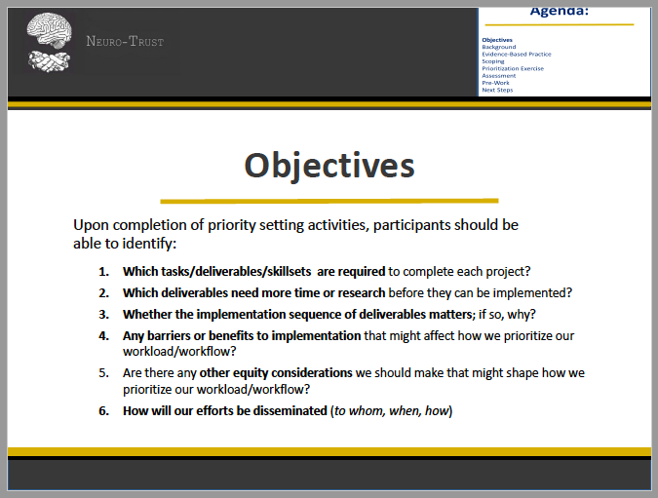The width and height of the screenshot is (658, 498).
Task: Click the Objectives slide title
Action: [329, 165]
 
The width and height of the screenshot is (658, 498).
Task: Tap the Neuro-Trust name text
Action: [125, 42]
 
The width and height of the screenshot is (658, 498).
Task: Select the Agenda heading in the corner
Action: [562, 12]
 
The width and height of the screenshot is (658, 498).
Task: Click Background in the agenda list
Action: [498, 47]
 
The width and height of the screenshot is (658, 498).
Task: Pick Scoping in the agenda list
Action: [493, 61]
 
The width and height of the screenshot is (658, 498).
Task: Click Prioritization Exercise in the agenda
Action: [513, 68]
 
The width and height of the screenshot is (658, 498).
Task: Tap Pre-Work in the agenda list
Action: [495, 83]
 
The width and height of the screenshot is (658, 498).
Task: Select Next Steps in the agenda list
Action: [497, 90]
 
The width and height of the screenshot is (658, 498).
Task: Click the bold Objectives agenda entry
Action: [497, 40]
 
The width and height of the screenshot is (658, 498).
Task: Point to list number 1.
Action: [103, 271]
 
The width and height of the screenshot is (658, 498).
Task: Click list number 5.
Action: [103, 372]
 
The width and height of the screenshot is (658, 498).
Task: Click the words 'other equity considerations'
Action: [276, 372]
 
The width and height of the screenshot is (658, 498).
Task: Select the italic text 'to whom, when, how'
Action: [391, 410]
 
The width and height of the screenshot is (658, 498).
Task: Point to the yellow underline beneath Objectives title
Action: [329, 200]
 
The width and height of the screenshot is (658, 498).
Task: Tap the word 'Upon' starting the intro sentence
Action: [91, 225]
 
